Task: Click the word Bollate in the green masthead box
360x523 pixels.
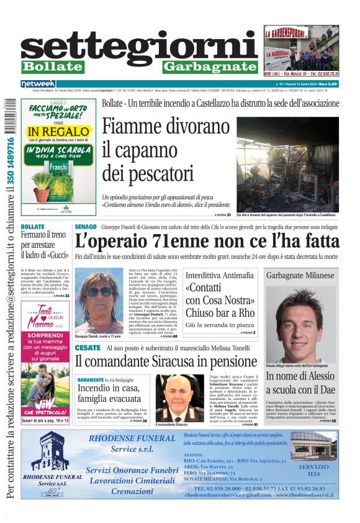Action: (52, 66)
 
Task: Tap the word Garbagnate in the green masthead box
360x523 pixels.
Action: (210, 67)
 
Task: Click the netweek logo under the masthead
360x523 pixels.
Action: (38, 84)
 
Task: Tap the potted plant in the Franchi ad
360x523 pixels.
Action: (42, 184)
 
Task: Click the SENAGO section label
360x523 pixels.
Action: (86, 227)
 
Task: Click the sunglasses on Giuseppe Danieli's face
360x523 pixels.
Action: (99, 291)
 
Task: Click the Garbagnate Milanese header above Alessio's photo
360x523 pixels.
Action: (300, 275)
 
